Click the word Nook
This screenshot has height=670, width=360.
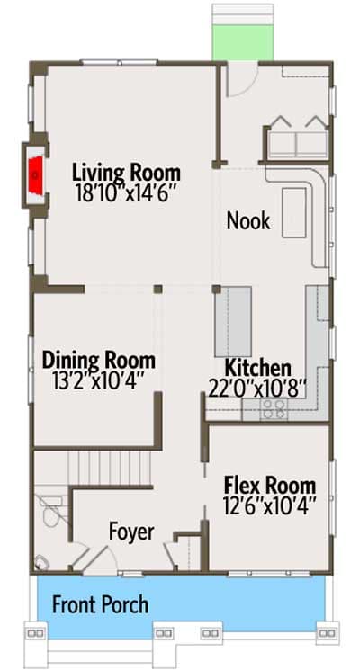point(247,220)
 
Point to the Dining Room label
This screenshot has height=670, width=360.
point(98,361)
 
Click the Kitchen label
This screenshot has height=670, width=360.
point(257,368)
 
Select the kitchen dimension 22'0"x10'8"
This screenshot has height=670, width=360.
point(257,386)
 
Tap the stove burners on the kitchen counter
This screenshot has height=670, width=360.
point(273,410)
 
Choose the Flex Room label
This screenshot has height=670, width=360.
point(269,487)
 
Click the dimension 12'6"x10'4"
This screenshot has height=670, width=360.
point(269,505)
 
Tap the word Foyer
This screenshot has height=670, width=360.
point(131,531)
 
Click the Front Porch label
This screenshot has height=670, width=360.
point(100,604)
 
